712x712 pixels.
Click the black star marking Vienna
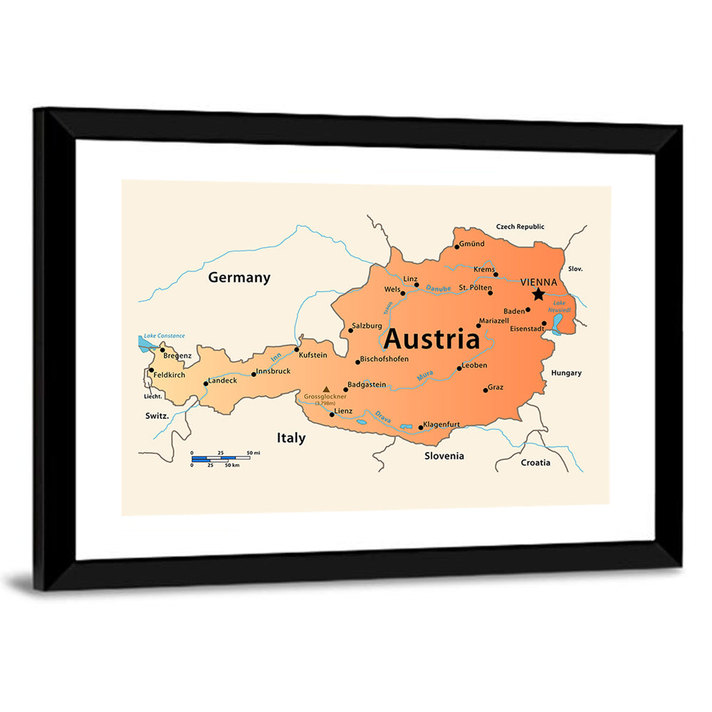coord(539,294)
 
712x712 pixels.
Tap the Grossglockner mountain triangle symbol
coord(326,389)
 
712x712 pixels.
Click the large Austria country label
coord(431,340)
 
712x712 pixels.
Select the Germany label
coord(239,278)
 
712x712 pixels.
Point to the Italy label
coord(291,438)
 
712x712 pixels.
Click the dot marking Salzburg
coord(350,330)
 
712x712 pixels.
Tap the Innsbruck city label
coord(273,371)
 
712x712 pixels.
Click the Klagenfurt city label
coord(441,424)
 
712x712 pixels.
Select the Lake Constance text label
coord(164,335)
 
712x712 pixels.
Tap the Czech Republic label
coord(520,226)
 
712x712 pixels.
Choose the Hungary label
coord(566,372)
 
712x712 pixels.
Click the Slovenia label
coord(444,456)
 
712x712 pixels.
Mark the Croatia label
coord(535,463)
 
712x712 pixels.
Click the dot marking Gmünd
coord(457,246)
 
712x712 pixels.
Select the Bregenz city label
coord(177,355)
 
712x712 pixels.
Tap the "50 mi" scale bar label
coord(253,453)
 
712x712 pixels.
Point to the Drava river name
coord(384,417)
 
